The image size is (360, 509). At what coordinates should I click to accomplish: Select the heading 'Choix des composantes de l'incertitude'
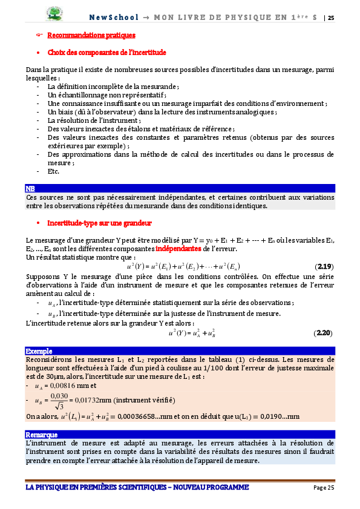pos(106,53)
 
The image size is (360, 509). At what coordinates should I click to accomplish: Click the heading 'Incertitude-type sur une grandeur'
pos(99,223)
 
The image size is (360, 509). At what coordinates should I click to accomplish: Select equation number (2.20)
pos(324,333)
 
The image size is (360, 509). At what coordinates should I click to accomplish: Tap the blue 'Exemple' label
pos(39,351)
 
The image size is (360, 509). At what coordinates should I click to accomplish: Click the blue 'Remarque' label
pos(42,434)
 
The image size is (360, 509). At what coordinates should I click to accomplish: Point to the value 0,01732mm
pos(93,401)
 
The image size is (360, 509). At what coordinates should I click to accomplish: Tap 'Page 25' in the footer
pos(324,488)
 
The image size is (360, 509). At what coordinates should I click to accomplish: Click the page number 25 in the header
pos(331,18)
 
